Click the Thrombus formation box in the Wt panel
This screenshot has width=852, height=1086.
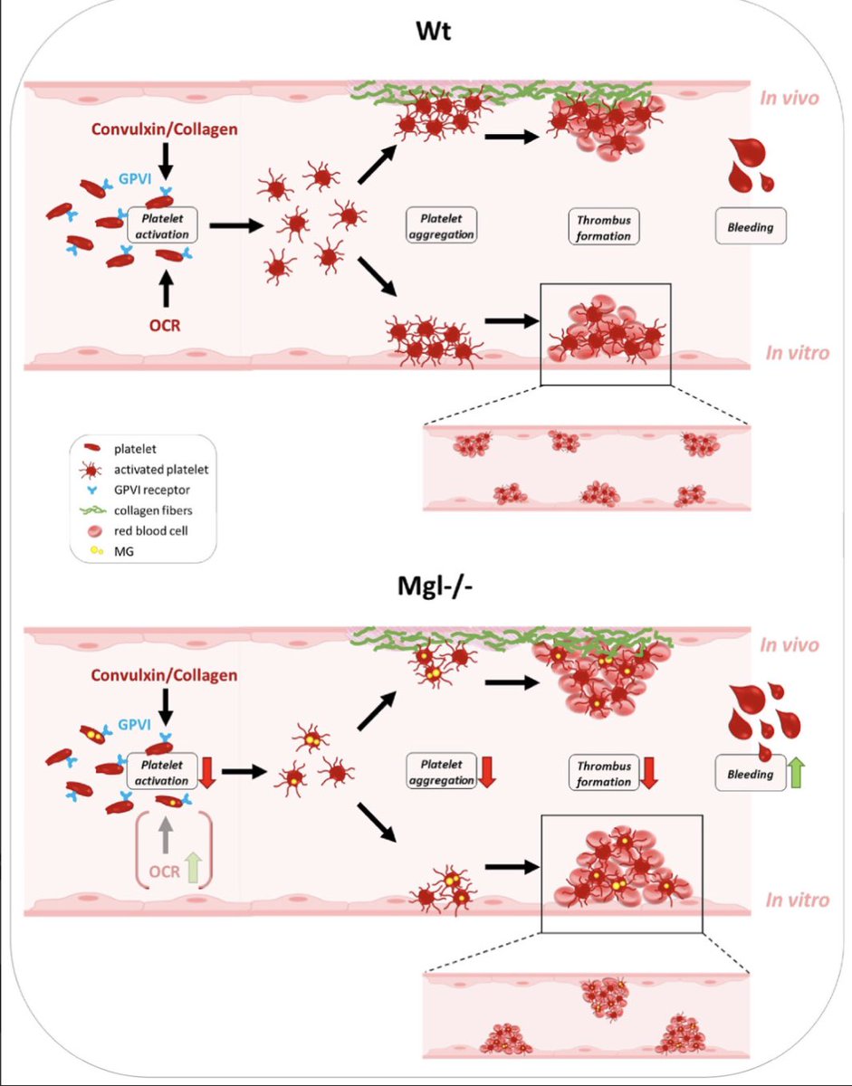click(602, 226)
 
